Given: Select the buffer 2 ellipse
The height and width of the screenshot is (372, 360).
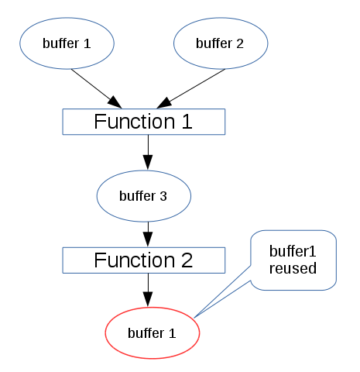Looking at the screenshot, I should click(x=221, y=43).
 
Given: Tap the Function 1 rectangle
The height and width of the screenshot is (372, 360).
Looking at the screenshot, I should click(x=143, y=122).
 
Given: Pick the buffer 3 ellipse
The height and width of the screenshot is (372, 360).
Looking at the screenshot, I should click(x=143, y=196).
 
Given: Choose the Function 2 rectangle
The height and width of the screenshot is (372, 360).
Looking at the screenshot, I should click(x=143, y=260).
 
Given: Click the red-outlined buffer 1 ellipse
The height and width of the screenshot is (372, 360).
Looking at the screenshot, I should click(x=152, y=333).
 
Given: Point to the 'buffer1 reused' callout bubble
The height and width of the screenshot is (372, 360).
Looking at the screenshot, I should click(x=293, y=260).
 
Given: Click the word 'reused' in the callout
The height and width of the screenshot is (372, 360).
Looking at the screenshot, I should click(x=293, y=269).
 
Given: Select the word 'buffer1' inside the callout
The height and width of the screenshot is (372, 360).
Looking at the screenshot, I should click(x=293, y=253).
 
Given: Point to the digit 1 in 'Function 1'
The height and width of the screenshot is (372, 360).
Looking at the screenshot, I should click(x=186, y=122).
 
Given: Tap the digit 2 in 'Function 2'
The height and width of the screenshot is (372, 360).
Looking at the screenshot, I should click(x=186, y=260).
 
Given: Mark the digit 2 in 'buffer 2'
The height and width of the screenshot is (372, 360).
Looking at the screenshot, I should click(x=240, y=43).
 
